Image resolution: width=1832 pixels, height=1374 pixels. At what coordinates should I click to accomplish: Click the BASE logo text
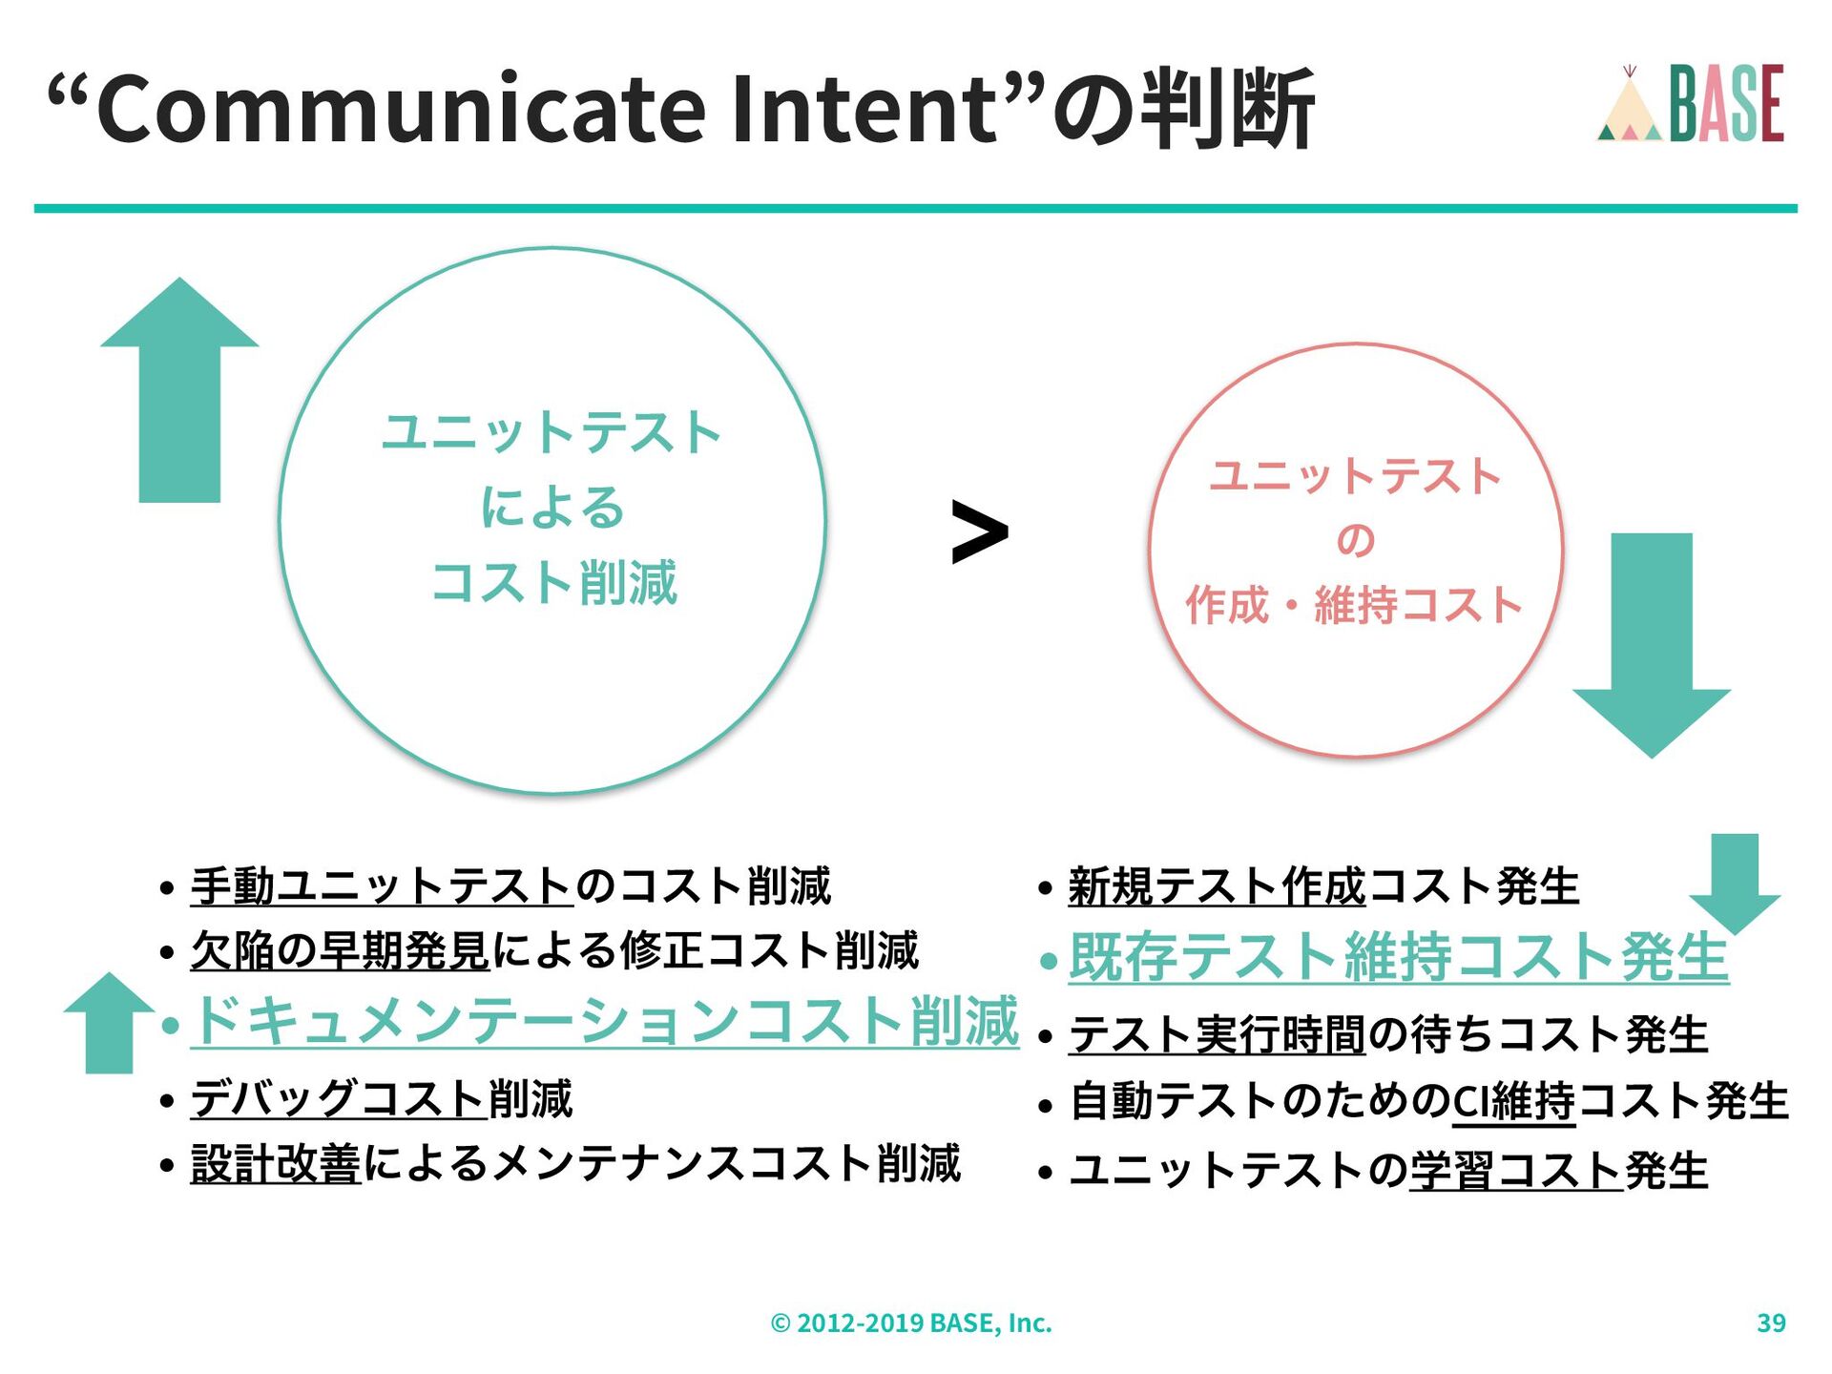[1726, 104]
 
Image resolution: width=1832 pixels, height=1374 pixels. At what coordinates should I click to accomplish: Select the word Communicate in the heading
[401, 108]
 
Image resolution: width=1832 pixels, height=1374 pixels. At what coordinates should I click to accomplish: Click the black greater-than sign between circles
[979, 531]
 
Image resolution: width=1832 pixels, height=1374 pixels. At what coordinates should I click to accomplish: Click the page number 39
[1771, 1322]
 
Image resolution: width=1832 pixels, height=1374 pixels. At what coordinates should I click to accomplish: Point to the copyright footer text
[911, 1322]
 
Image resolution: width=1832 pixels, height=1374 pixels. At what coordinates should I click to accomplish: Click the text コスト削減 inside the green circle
[553, 583]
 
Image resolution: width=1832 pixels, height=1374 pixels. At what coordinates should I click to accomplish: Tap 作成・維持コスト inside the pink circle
[1354, 605]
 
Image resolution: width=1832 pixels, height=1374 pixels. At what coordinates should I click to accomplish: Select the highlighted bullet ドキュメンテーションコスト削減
[606, 1021]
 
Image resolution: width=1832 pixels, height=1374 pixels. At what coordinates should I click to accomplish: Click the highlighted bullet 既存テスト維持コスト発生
[1398, 957]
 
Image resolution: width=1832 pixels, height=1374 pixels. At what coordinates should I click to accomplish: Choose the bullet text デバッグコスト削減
[382, 1098]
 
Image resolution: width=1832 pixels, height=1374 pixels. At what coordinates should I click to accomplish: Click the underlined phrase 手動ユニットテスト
[381, 885]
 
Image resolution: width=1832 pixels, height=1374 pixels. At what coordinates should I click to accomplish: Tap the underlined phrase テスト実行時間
[1218, 1034]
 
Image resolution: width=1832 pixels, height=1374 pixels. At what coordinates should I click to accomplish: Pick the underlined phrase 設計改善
[276, 1164]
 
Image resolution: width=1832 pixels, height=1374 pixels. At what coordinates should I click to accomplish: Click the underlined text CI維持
[1513, 1101]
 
